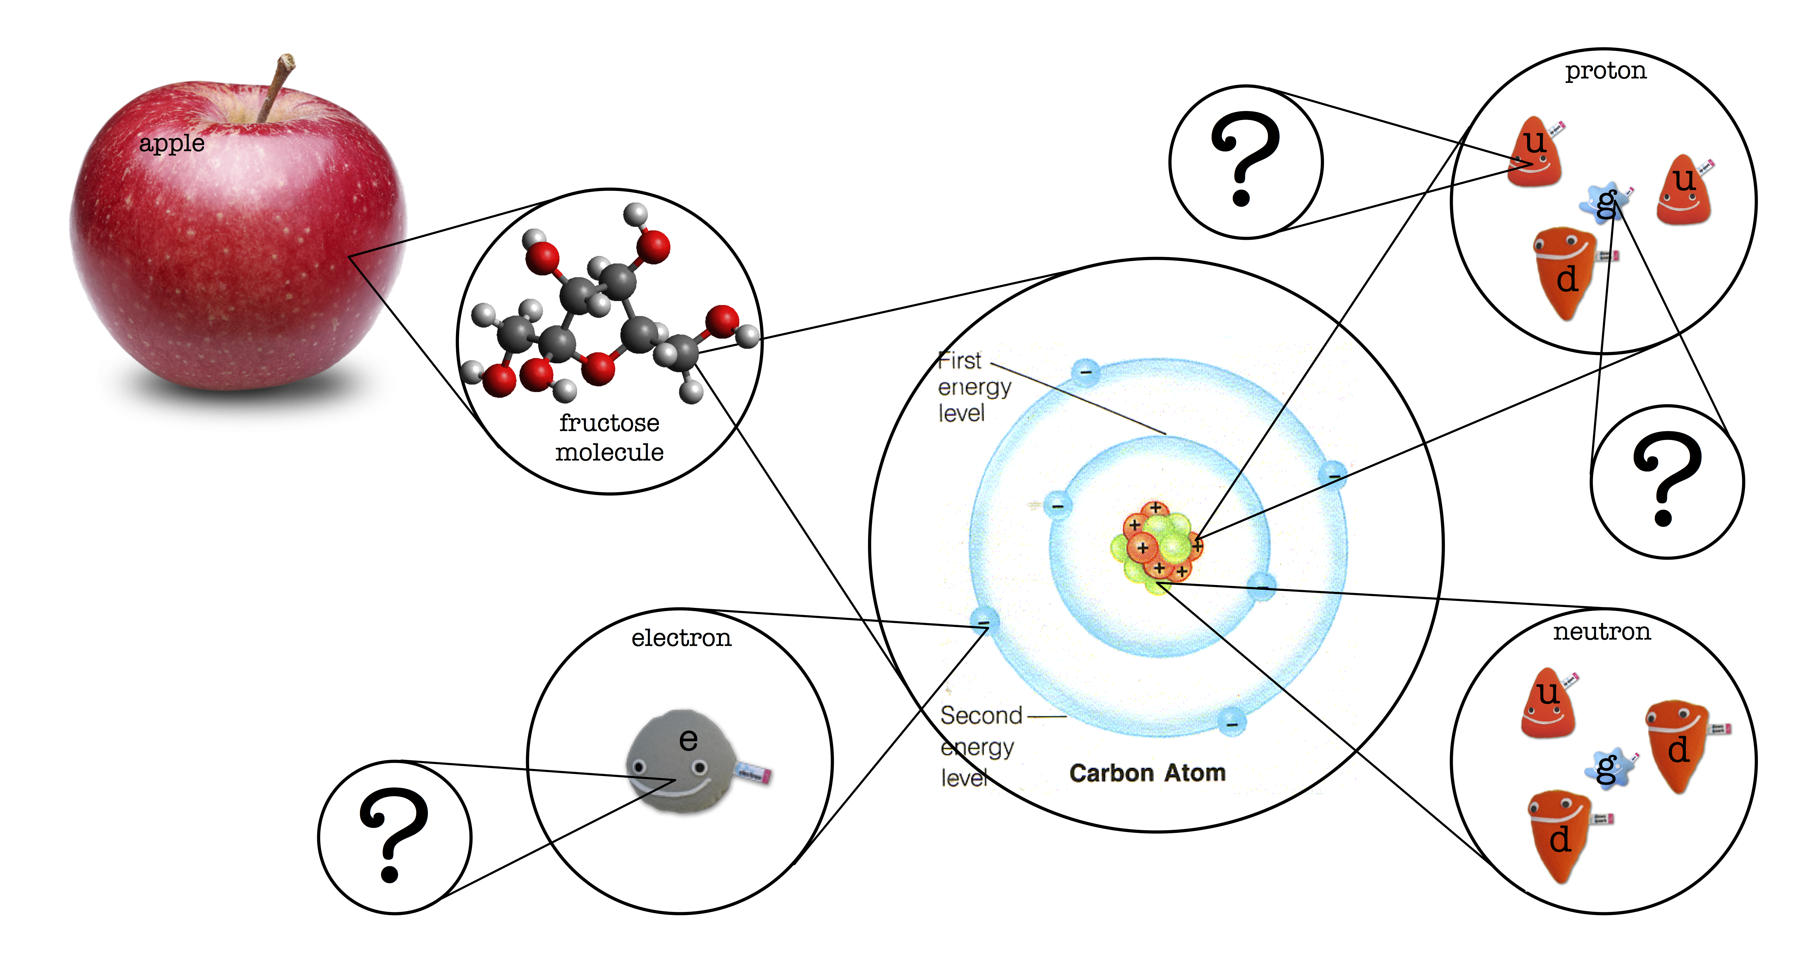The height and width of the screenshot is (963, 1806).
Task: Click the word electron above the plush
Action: pos(681,638)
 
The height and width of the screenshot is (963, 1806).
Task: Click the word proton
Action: pos(1606,71)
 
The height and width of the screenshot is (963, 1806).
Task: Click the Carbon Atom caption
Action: pos(1147,773)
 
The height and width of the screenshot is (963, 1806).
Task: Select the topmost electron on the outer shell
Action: pos(1086,371)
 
